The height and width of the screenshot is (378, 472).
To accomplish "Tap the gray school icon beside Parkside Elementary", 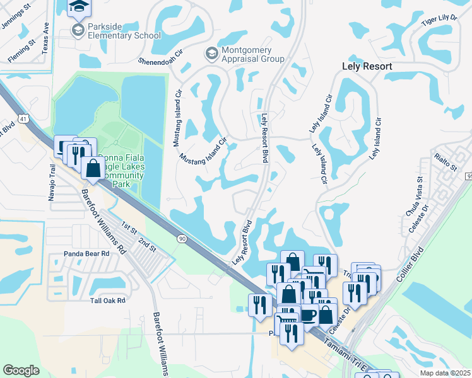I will pos(78,30).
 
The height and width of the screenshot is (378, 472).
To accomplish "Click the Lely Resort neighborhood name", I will pos(367,66).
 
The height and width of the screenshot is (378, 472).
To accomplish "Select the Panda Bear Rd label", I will pos(86,254).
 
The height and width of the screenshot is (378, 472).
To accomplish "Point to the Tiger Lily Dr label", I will pos(440,20).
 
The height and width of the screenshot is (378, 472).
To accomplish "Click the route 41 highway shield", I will pos(23,117).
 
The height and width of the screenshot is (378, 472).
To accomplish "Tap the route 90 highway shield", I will pos(182,238).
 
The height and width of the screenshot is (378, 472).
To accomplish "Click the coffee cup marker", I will pos(308,313).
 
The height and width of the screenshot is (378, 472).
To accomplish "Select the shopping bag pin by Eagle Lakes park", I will pos(93,168).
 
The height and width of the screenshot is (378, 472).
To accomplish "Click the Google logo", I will pos(21,370).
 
